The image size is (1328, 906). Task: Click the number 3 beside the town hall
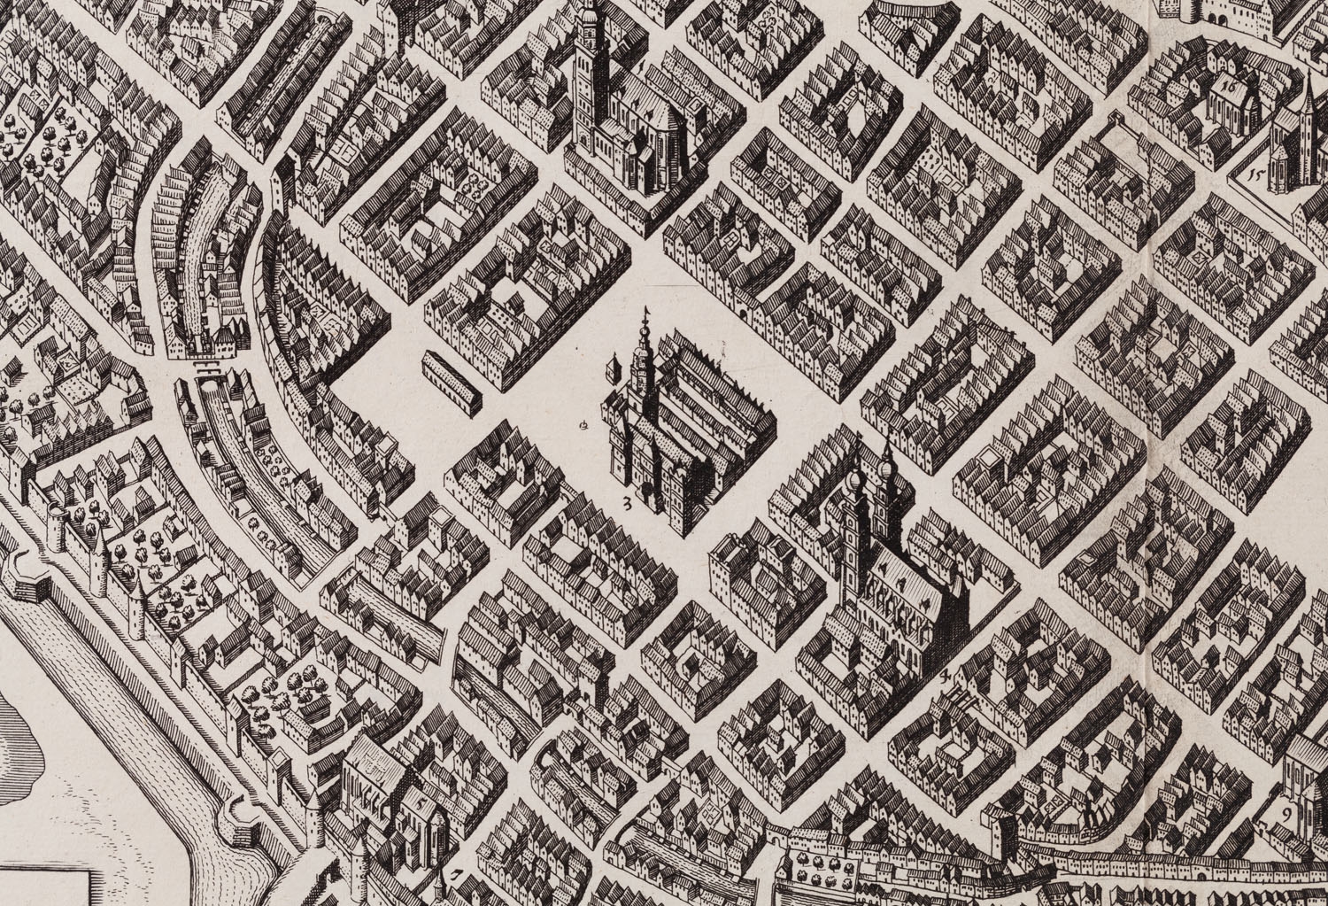tap(627, 506)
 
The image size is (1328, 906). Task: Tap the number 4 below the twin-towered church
tap(946, 677)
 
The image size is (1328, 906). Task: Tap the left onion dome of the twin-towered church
tap(855, 484)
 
